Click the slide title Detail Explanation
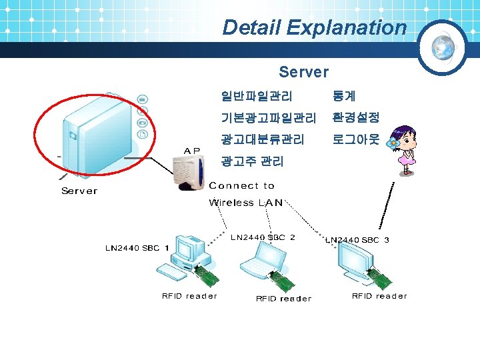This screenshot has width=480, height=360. [x=314, y=27]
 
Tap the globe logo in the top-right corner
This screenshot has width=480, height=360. [x=442, y=47]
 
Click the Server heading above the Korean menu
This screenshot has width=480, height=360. [x=303, y=71]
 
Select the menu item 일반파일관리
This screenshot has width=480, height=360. [x=257, y=97]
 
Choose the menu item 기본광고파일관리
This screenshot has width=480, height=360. [x=268, y=119]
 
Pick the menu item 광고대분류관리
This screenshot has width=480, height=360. [x=262, y=140]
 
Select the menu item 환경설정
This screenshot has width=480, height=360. [x=356, y=118]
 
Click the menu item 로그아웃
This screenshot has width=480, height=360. [x=356, y=140]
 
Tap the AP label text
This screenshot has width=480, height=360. [x=192, y=151]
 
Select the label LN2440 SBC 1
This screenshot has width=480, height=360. [x=137, y=248]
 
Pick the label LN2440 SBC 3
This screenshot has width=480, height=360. [x=357, y=239]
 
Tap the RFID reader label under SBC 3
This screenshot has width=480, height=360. [x=379, y=296]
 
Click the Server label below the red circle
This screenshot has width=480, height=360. [x=79, y=191]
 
